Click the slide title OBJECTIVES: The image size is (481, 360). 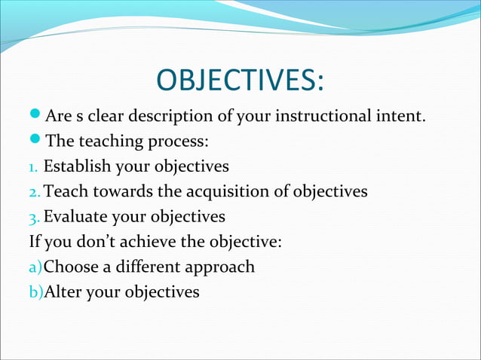(240, 81)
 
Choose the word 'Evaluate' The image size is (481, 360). (75, 217)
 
